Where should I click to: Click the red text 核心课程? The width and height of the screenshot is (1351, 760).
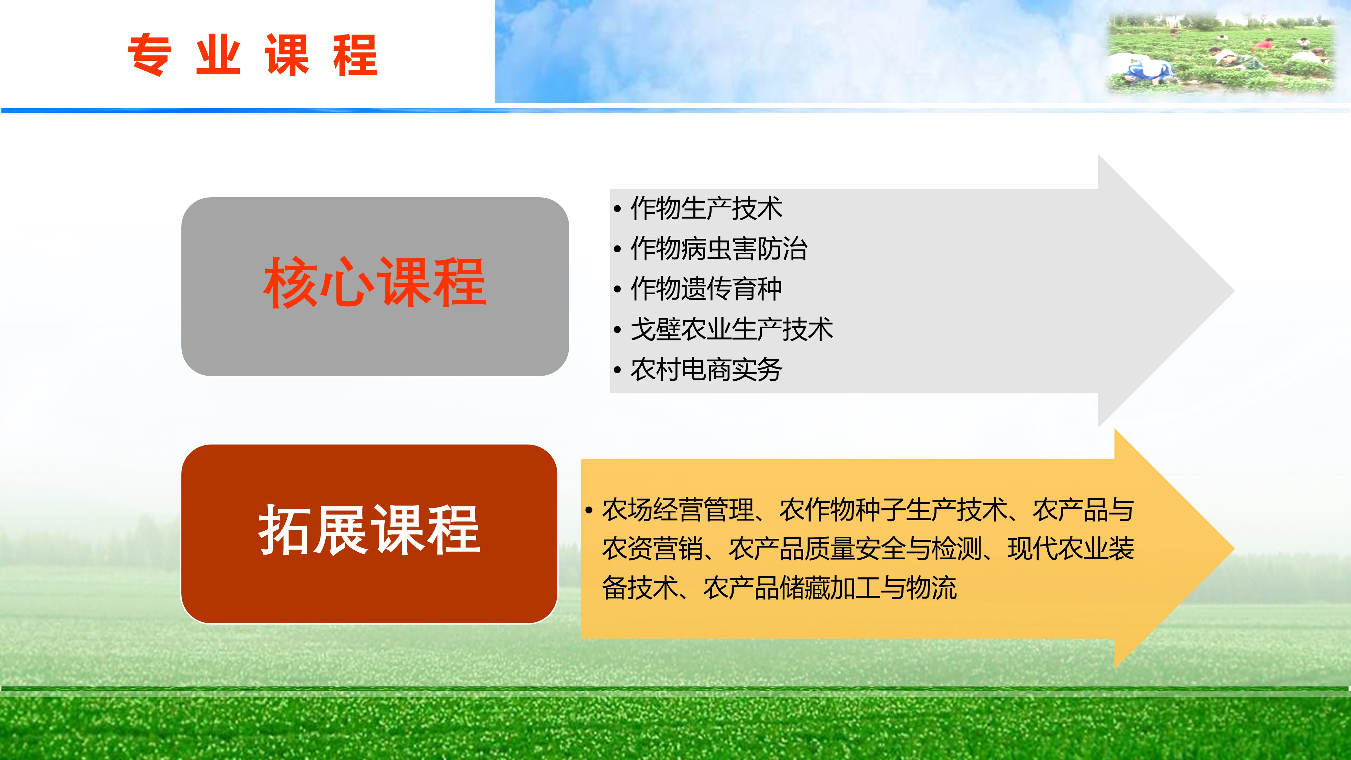pos(375,282)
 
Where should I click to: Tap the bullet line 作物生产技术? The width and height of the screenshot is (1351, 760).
pos(706,208)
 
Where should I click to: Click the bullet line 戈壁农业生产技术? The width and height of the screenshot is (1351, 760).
pos(732,329)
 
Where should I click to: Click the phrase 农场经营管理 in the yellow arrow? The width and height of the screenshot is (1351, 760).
pos(678,510)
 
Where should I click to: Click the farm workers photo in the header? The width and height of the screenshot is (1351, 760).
pos(1220,54)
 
